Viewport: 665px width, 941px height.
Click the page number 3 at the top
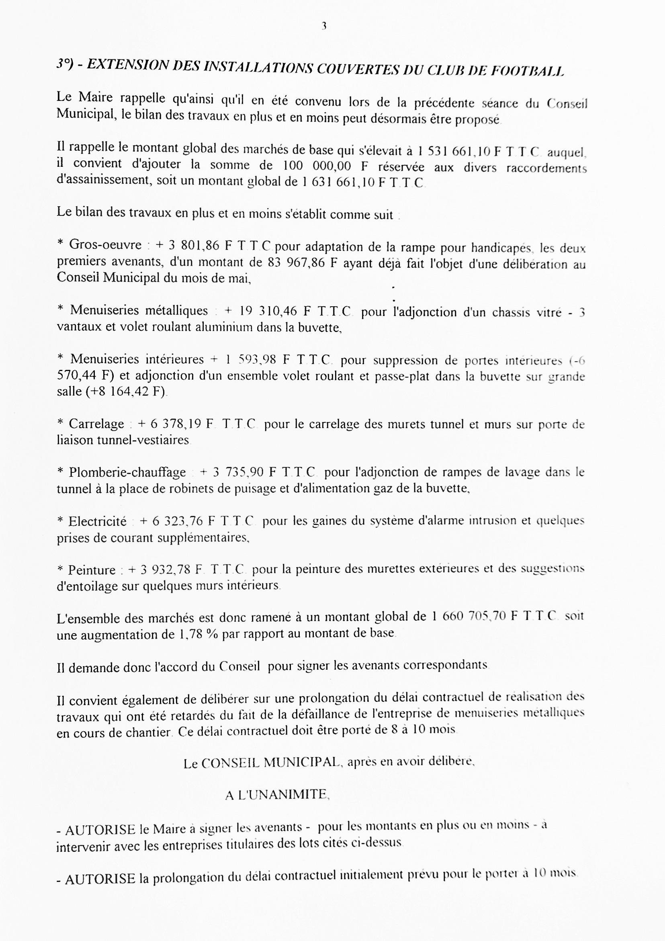pyautogui.click(x=324, y=26)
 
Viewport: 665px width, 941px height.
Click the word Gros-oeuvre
pyautogui.click(x=105, y=245)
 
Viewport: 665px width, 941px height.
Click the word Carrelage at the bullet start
pyautogui.click(x=96, y=424)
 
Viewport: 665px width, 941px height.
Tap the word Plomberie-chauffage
pyautogui.click(x=127, y=472)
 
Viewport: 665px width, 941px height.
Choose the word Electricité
pyautogui.click(x=97, y=521)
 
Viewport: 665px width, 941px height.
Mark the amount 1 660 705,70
pyautogui.click(x=469, y=616)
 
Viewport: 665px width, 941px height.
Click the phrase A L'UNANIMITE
pyautogui.click(x=277, y=794)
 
